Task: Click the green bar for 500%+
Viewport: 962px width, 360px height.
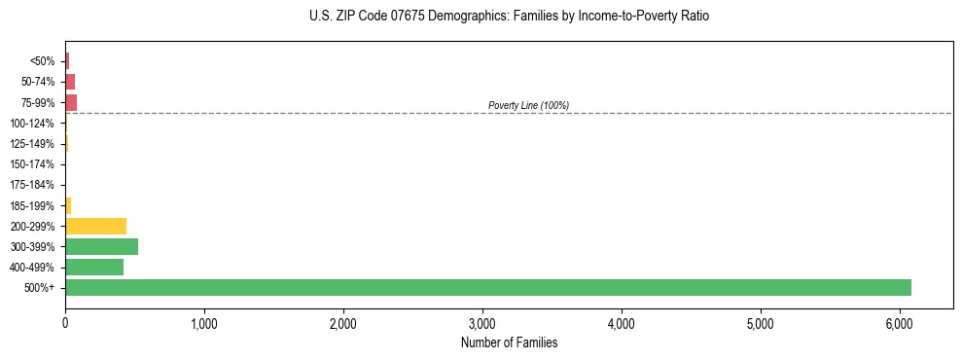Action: (x=487, y=287)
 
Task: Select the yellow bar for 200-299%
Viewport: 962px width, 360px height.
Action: (x=95, y=226)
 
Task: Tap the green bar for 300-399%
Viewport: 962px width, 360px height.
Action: (x=101, y=246)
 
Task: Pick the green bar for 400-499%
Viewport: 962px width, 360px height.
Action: (x=94, y=267)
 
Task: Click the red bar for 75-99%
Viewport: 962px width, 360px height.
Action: (x=71, y=102)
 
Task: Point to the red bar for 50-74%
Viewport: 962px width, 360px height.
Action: (x=70, y=82)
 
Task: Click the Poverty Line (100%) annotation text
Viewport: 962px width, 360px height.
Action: (x=528, y=105)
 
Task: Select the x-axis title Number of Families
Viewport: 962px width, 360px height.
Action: (x=509, y=342)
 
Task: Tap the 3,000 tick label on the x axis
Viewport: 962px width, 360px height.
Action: (x=482, y=323)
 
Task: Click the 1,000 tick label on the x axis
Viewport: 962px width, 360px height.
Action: (x=204, y=323)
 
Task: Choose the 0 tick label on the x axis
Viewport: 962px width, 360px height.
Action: (x=65, y=323)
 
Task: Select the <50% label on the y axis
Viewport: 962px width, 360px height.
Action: (x=43, y=61)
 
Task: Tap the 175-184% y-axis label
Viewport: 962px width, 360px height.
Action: (x=33, y=185)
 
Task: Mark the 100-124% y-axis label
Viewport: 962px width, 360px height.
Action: (x=33, y=124)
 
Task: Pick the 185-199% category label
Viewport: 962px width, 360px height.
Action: (x=33, y=205)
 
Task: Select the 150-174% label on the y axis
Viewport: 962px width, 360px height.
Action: (x=33, y=164)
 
